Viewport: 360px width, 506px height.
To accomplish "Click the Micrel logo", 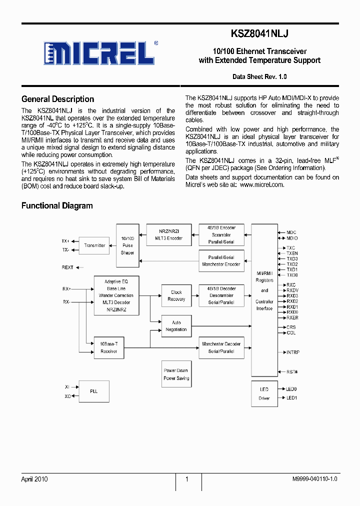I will pos(100,52).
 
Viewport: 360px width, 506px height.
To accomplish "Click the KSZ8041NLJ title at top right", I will pos(259,33).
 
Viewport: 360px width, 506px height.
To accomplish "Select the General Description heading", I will pos(57,99).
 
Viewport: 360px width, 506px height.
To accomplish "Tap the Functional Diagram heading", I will pos(57,205).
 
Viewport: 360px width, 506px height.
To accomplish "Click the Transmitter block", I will pos(94,245).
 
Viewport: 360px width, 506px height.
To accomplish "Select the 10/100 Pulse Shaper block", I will pos(127,246).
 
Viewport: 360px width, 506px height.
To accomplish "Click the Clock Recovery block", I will pos(176,295).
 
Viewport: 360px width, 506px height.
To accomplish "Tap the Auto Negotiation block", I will pos(176,326).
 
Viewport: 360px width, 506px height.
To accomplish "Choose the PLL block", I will pos(93,391).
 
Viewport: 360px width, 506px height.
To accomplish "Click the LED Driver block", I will pos(264,393).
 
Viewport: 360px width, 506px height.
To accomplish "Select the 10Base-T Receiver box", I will pos(108,348).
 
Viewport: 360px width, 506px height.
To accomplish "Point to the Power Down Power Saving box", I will pos(176,374).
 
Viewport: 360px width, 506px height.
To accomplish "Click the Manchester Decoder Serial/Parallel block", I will pos(221,348).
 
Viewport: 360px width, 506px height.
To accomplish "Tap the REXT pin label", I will pos(67,267).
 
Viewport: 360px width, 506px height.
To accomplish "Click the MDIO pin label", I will pos(291,238).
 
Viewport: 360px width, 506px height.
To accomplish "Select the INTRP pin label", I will pos(293,352).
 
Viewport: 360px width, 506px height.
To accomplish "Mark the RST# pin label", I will pos(292,372).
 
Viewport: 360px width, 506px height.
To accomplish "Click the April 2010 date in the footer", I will pos(34,479).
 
